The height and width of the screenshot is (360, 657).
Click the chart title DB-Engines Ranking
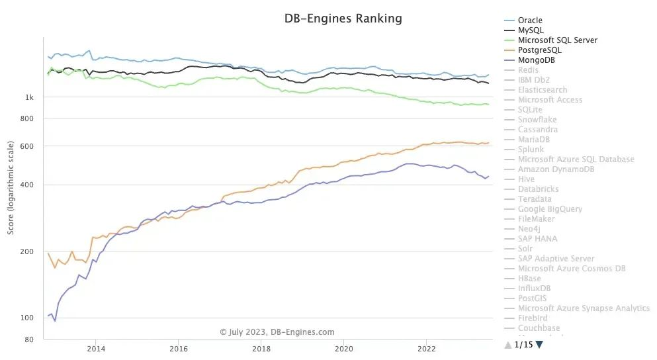[343, 19]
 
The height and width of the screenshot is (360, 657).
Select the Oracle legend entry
[530, 21]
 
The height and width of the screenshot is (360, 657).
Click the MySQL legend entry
[530, 30]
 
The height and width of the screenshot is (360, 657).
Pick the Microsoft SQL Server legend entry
[557, 40]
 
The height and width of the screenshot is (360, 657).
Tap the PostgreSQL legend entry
[540, 50]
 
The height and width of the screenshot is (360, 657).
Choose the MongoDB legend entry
[536, 60]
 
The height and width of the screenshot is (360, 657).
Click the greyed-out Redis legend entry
[528, 70]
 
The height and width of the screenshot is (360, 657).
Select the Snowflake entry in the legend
[537, 120]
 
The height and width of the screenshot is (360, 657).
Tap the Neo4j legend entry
[529, 229]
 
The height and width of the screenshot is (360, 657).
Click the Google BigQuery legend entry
[550, 209]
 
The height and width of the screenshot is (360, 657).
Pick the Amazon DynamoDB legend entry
[556, 169]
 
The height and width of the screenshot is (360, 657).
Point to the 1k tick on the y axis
[29, 98]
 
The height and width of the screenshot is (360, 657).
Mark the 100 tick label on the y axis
[27, 318]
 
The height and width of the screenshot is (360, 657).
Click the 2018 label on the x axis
[261, 348]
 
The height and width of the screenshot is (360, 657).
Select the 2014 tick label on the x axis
[95, 348]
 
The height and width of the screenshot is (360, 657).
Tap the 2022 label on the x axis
[427, 348]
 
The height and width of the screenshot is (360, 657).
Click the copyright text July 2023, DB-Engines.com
[277, 332]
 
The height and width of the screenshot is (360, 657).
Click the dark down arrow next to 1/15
[539, 344]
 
